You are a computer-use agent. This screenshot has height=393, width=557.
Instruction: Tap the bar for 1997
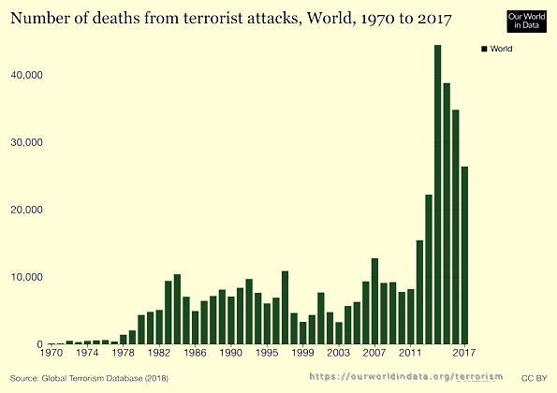[285, 308]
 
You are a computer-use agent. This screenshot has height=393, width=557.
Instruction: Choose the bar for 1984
[177, 310]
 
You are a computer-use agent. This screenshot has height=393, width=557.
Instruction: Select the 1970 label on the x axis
[51, 354]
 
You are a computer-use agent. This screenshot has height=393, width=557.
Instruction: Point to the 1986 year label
[195, 354]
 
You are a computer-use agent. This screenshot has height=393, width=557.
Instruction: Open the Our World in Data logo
[526, 22]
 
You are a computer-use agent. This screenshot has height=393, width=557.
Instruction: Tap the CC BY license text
[534, 376]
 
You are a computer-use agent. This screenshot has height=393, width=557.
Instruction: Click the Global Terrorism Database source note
[84, 376]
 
